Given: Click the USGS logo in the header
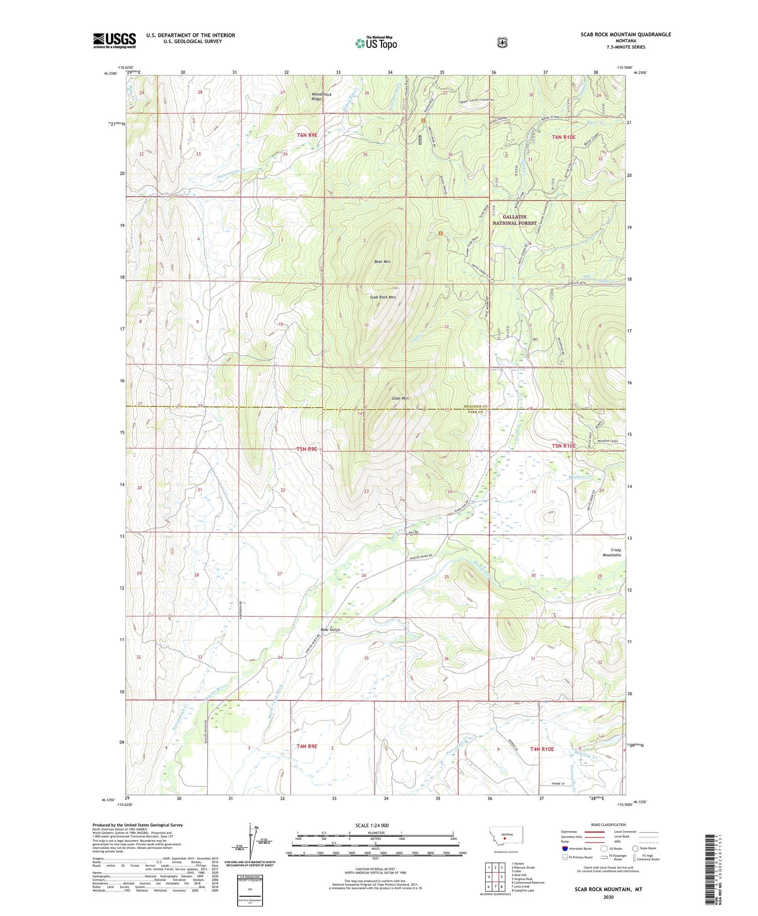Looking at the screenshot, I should (114, 40).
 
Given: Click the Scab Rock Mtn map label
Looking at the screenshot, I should (383, 297).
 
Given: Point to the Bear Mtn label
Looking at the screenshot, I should (382, 262).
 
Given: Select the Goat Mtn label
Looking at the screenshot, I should (400, 398).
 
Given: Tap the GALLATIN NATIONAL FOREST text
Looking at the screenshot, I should (514, 220).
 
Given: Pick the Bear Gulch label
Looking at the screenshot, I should (330, 630).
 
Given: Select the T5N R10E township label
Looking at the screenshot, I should (563, 446).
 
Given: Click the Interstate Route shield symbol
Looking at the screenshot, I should (564, 849).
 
